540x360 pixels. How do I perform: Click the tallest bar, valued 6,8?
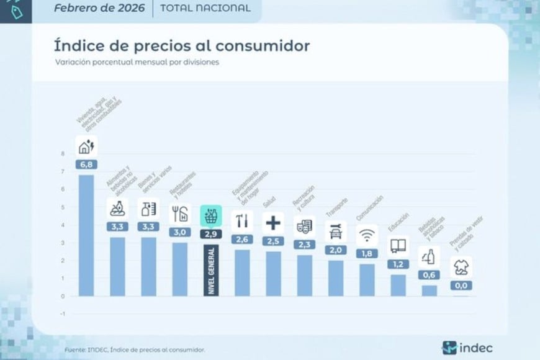86,235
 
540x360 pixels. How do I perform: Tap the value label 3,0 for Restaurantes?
180,232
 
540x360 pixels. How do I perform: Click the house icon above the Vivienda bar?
86,146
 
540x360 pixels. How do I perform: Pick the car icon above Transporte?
336,232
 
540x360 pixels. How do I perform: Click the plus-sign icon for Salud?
273,222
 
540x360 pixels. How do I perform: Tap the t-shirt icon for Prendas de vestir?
461,268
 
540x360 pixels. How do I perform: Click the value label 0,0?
461,286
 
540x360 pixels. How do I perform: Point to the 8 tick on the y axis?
62,154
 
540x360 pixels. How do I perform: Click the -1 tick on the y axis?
61,313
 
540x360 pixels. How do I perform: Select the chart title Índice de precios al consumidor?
182,46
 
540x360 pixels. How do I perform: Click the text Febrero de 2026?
99,9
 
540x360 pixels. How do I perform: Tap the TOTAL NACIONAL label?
205,9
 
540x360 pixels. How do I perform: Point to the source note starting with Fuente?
135,350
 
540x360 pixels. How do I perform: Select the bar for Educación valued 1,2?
398,285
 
